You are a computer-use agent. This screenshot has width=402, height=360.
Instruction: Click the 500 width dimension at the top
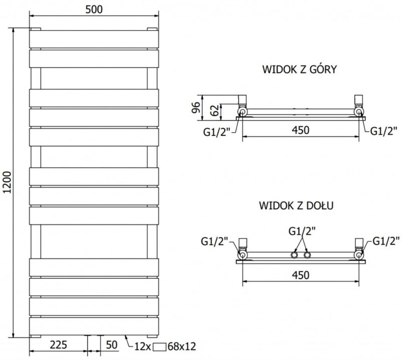point(94,10)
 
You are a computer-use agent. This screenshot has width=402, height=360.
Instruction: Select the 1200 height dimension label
point(8,182)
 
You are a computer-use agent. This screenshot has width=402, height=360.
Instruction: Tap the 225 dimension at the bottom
point(58,345)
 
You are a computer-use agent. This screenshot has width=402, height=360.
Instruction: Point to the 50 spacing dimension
point(112,345)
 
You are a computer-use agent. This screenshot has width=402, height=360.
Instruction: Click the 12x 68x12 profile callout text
point(165,346)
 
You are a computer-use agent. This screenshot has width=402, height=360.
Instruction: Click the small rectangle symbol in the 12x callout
point(160,347)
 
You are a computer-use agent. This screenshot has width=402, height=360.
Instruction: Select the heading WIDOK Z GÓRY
point(299,69)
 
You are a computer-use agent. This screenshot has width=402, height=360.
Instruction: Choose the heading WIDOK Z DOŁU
point(296,205)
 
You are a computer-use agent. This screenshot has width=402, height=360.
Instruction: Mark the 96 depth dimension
point(195,108)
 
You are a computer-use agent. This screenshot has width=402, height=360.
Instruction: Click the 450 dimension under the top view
point(300,130)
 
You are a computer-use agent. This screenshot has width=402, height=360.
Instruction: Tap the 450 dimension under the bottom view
point(300,275)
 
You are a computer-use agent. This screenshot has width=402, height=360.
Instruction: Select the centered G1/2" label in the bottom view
point(302,231)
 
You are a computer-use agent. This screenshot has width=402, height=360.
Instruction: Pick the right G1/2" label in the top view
point(384,131)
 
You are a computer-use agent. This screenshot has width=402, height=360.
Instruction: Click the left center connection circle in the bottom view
point(294,255)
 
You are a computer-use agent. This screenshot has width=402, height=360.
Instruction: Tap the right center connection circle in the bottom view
point(307,255)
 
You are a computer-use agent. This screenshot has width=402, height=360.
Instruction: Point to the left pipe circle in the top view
point(242,112)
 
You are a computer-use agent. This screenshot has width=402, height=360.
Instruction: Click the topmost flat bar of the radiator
point(94,39)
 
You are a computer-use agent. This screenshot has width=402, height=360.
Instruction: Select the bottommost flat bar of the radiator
point(94,326)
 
